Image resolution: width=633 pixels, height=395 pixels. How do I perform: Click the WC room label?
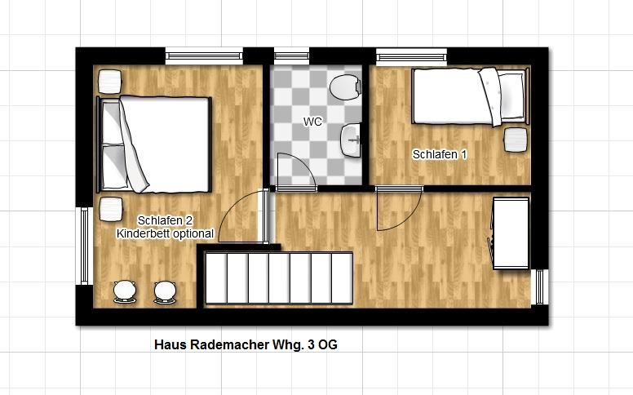click(312, 121)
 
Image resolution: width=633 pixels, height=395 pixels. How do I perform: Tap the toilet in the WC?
click(346, 87)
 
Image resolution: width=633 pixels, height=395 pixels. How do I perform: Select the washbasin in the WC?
click(351, 140)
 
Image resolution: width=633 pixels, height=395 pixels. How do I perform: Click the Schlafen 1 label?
click(440, 154)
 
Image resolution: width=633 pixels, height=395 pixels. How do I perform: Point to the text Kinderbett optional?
click(165, 233)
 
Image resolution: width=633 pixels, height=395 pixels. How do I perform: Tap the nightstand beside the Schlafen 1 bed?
click(516, 140)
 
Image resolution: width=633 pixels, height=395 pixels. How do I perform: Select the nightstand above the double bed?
click(110, 82)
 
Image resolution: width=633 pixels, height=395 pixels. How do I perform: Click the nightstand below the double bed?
click(111, 209)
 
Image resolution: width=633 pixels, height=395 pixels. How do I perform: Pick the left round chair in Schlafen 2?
click(125, 291)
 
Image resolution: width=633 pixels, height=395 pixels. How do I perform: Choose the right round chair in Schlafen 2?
click(165, 292)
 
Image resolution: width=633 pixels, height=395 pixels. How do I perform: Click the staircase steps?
click(279, 277)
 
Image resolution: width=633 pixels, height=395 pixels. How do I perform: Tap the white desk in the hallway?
click(511, 233)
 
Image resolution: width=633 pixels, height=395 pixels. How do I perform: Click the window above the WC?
click(291, 56)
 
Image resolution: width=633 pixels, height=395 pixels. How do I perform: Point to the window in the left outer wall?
click(84, 246)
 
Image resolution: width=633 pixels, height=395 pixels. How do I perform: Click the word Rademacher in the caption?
click(229, 345)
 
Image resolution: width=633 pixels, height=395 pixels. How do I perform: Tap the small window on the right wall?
click(540, 286)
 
